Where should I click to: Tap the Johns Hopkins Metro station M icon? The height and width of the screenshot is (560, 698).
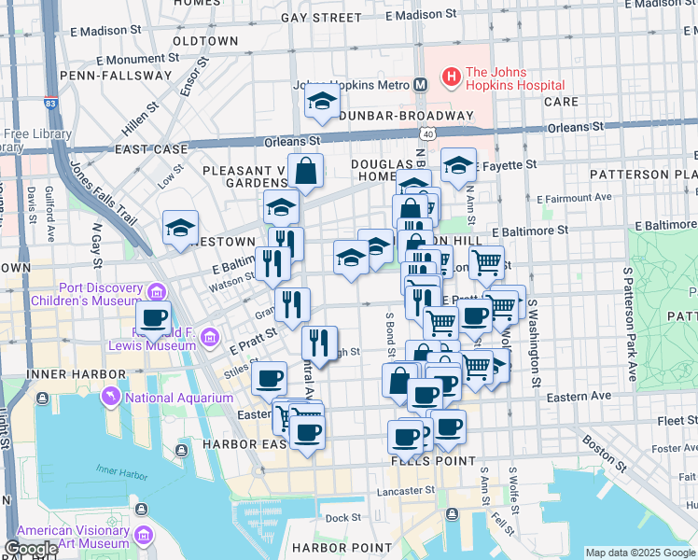coord(420,85)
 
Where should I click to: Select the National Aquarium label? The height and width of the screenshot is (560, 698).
coord(178,398)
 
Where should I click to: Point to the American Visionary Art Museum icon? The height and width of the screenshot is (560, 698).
coord(144,535)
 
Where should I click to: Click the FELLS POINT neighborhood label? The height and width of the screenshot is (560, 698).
coord(432,461)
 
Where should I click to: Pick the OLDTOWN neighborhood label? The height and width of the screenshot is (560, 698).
coord(205,42)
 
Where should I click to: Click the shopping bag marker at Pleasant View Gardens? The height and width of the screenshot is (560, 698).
coord(305,172)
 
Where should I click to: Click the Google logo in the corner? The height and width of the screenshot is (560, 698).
coord(30,549)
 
